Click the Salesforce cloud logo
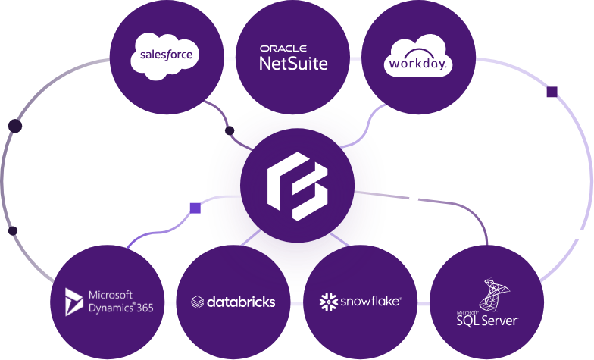(x=164, y=55)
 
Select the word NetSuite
(x=293, y=64)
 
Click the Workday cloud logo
(x=418, y=56)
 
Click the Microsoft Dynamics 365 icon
(x=73, y=302)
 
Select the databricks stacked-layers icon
(x=197, y=302)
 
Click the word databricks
(x=240, y=302)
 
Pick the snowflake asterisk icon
(x=328, y=302)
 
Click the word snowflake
(x=370, y=302)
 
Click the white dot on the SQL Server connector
(x=414, y=199)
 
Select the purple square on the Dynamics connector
(x=195, y=207)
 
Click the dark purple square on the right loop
(x=552, y=92)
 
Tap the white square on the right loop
(x=580, y=235)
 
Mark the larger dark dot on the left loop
(x=14, y=126)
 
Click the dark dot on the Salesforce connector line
(x=230, y=132)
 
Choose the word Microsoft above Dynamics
(x=111, y=295)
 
